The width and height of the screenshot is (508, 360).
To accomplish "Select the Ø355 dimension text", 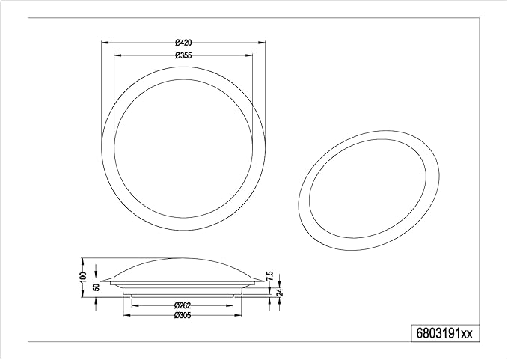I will (x=182, y=55).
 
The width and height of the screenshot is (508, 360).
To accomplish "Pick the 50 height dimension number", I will (x=95, y=287).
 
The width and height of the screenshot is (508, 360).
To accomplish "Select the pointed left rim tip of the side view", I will (x=101, y=281).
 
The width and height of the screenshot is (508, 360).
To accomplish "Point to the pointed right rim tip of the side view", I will (x=264, y=281).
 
